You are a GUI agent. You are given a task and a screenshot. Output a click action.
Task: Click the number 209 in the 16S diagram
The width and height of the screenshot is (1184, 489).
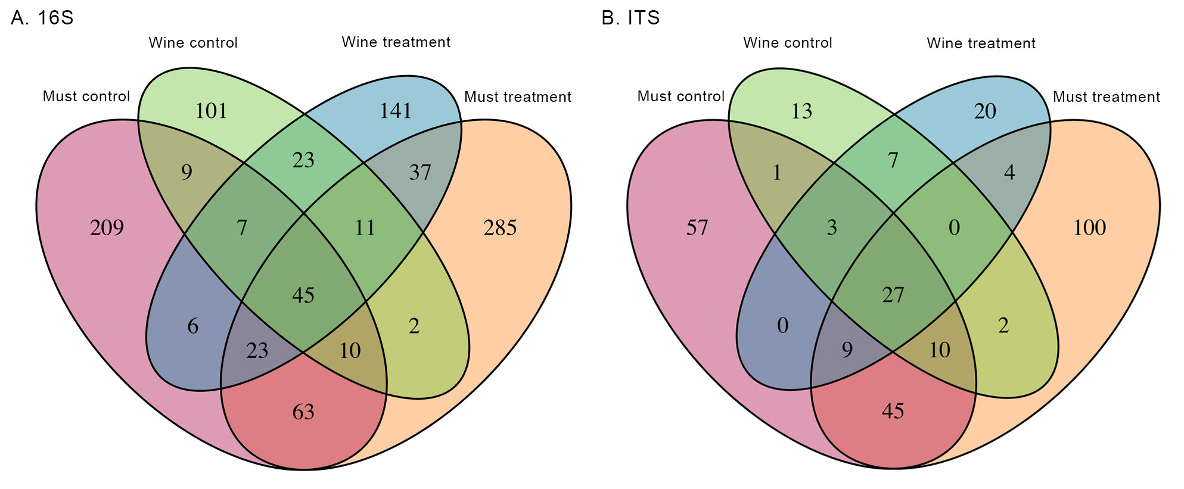[107, 228]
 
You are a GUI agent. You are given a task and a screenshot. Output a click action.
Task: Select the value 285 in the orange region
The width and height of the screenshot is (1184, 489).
[500, 228]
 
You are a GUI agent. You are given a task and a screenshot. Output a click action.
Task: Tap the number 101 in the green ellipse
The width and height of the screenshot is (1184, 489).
[212, 111]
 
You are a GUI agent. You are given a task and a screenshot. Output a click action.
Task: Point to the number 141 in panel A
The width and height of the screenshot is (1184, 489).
[396, 111]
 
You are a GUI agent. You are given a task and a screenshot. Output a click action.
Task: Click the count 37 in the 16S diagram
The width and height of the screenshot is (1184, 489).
[420, 173]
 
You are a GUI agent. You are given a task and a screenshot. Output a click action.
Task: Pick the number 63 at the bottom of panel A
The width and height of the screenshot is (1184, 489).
[303, 412]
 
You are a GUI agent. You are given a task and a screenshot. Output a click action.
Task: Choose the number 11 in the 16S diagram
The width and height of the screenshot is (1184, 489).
[365, 228]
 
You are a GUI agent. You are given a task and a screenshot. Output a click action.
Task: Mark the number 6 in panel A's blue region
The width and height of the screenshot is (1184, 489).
[193, 326]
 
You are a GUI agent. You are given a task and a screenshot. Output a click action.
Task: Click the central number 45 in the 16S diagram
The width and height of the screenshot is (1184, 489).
[303, 295]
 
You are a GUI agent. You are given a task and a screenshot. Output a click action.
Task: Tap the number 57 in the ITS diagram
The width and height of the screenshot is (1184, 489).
[697, 228]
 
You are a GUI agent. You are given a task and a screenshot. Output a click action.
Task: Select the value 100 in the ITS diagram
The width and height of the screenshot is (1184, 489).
[1089, 228]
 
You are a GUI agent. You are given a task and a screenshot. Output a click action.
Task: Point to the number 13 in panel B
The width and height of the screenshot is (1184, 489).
[801, 111]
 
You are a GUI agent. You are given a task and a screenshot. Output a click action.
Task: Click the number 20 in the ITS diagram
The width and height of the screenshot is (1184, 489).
[985, 111]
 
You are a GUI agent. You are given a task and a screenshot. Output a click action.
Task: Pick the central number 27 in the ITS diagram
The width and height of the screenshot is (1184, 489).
[893, 295]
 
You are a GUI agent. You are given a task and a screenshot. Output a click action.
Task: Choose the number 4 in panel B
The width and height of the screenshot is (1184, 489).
[1009, 173]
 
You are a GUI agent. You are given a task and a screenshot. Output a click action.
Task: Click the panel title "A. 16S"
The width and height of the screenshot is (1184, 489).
[42, 18]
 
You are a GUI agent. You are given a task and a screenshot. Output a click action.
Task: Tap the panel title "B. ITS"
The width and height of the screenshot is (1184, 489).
[631, 18]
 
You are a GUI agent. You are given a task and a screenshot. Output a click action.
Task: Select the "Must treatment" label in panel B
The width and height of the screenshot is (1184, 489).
[1106, 97]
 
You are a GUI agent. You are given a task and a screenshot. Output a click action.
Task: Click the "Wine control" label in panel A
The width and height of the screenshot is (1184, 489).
[193, 43]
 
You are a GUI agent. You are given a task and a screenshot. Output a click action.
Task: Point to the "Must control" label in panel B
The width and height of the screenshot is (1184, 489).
[680, 96]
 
